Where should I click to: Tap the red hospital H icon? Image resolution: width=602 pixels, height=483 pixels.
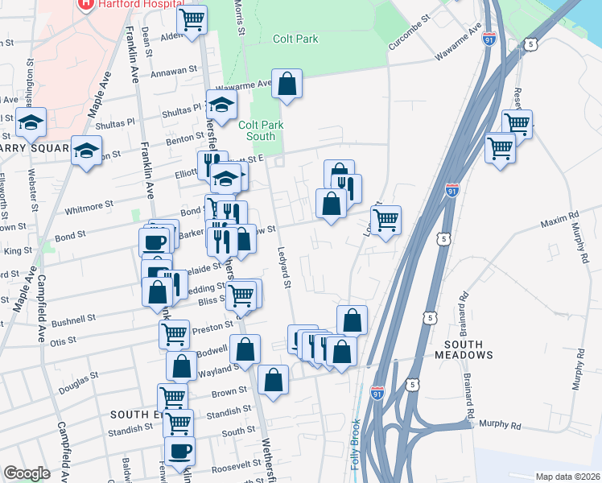click(x=84, y=4)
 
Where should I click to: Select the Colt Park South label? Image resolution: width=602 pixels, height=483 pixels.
click(x=257, y=130)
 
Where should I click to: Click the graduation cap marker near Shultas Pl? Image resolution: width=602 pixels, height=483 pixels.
click(x=221, y=104)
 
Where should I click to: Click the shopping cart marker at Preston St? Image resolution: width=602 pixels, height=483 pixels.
click(x=174, y=332)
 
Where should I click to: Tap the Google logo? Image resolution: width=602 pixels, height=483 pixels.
click(x=26, y=473)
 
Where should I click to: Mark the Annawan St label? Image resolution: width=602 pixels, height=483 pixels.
click(x=175, y=72)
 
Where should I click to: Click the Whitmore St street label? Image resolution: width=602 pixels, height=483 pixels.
click(x=84, y=208)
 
